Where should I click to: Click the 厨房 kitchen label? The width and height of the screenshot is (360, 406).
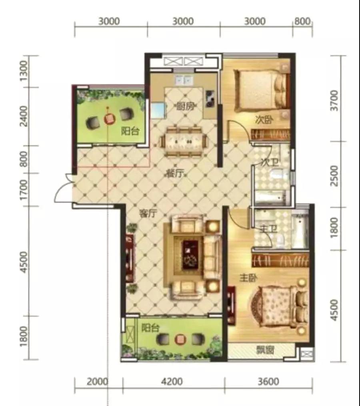pyautogui.click(x=185, y=106)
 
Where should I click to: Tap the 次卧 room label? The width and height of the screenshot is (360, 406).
pyautogui.click(x=264, y=120)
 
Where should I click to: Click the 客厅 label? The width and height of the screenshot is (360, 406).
pyautogui.click(x=148, y=214)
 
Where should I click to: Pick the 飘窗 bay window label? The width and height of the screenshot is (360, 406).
pyautogui.click(x=265, y=350)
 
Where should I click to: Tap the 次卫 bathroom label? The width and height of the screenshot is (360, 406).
pyautogui.click(x=270, y=162)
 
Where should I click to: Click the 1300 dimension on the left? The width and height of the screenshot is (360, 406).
pyautogui.click(x=24, y=71)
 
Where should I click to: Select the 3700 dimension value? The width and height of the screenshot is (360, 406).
pyautogui.click(x=334, y=101)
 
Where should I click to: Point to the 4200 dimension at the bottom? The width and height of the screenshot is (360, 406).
pyautogui.click(x=172, y=382)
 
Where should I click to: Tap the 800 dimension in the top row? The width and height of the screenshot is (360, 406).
pyautogui.click(x=302, y=21)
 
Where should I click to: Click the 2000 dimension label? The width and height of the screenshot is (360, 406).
pyautogui.click(x=97, y=382)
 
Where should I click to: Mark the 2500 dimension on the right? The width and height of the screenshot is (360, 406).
pyautogui.click(x=334, y=176)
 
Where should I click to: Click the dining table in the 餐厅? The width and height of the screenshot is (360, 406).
pyautogui.click(x=184, y=141)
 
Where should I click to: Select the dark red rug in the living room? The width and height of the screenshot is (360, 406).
pyautogui.click(x=191, y=255)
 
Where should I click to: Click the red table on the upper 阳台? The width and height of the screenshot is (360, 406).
pyautogui.click(x=109, y=119)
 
